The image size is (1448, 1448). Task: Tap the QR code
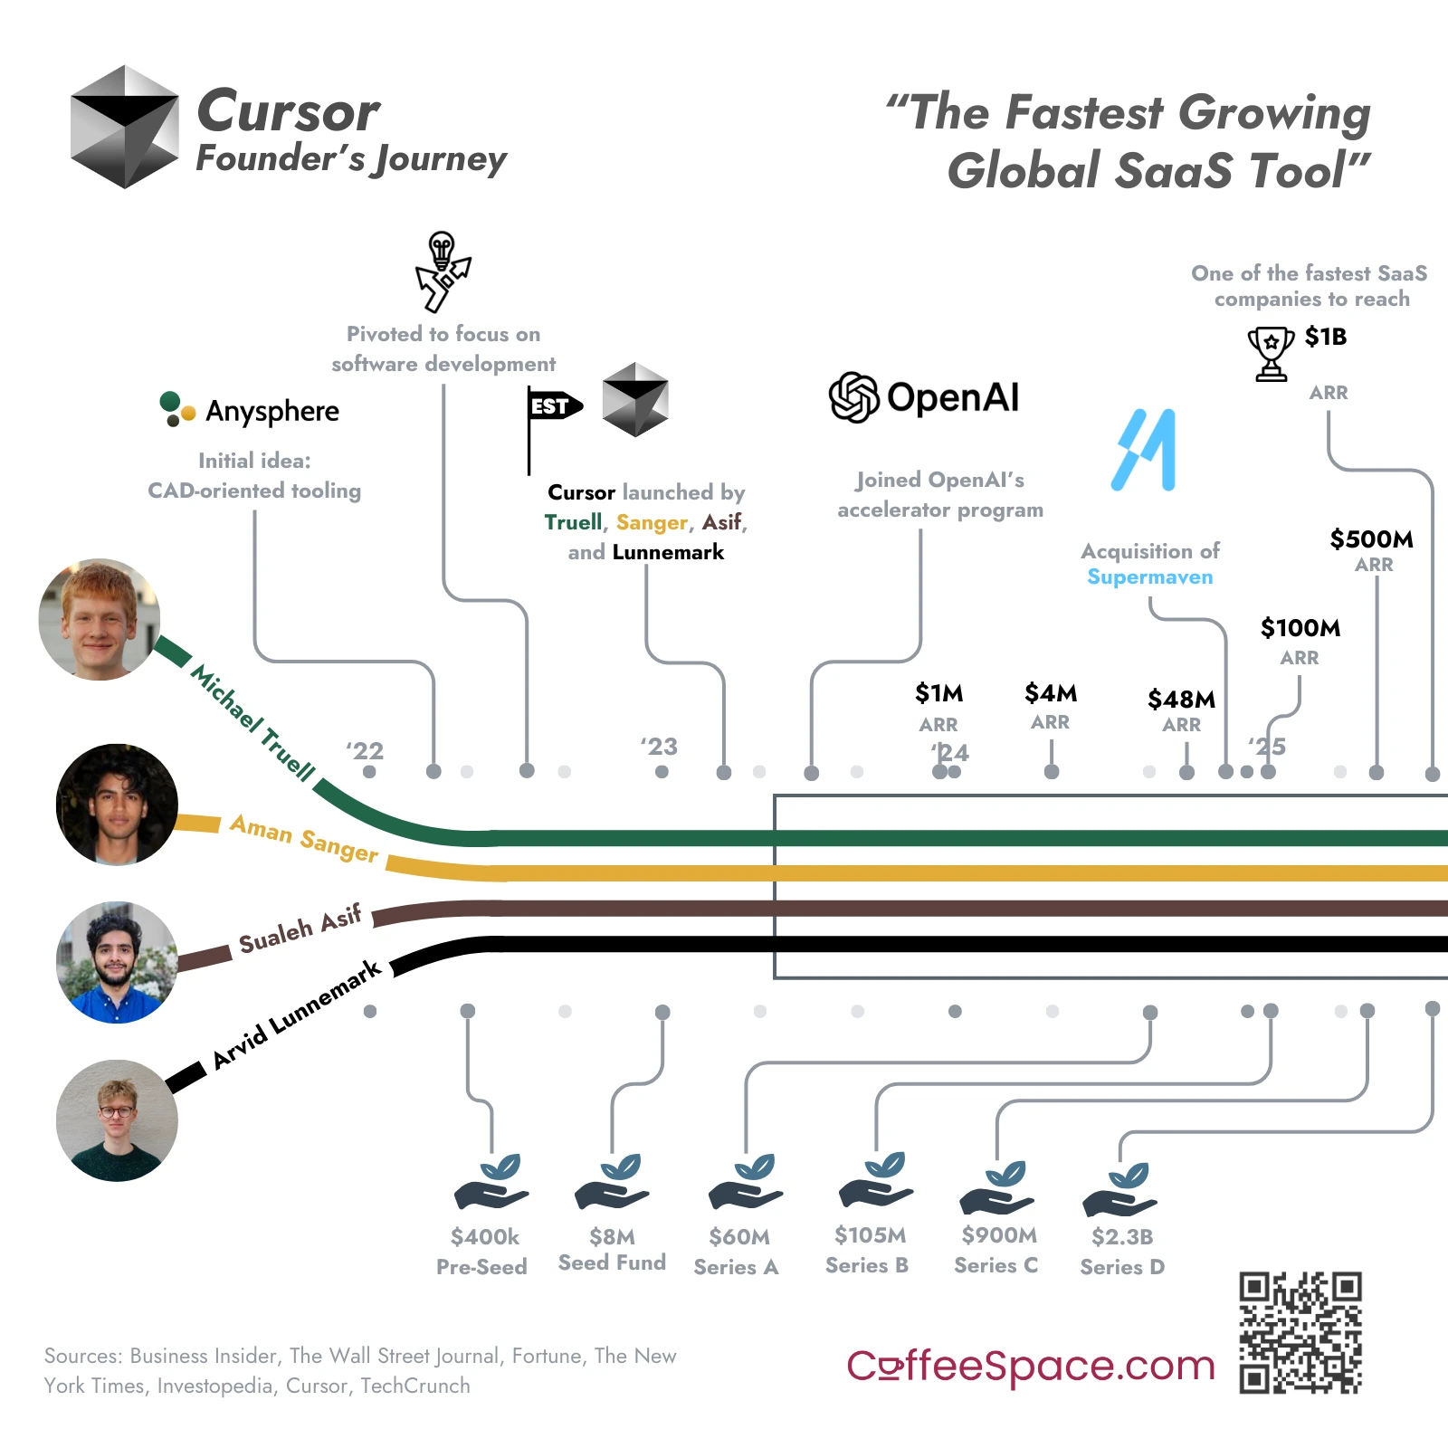[x=1300, y=1332]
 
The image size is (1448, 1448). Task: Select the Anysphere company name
[x=272, y=411]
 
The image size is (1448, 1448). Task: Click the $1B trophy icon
[x=1271, y=353]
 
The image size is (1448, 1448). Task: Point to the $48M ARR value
[x=1181, y=700]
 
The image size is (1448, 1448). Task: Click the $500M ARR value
[x=1371, y=539]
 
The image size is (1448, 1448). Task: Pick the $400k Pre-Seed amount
[x=485, y=1237]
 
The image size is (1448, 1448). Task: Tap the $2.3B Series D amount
[x=1122, y=1237]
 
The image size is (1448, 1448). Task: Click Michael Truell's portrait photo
[x=100, y=619]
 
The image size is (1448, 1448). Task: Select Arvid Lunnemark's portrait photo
[x=117, y=1120]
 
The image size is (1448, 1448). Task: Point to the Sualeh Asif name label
[x=300, y=929]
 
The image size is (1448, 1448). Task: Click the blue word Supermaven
[x=1149, y=577]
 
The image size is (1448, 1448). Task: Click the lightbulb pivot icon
[x=443, y=271]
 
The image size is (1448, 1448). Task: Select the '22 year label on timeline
[x=365, y=751]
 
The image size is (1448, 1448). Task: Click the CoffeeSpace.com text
[x=1030, y=1366]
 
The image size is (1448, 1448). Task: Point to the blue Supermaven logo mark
[x=1144, y=450]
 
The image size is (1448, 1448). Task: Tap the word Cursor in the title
[x=289, y=111]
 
